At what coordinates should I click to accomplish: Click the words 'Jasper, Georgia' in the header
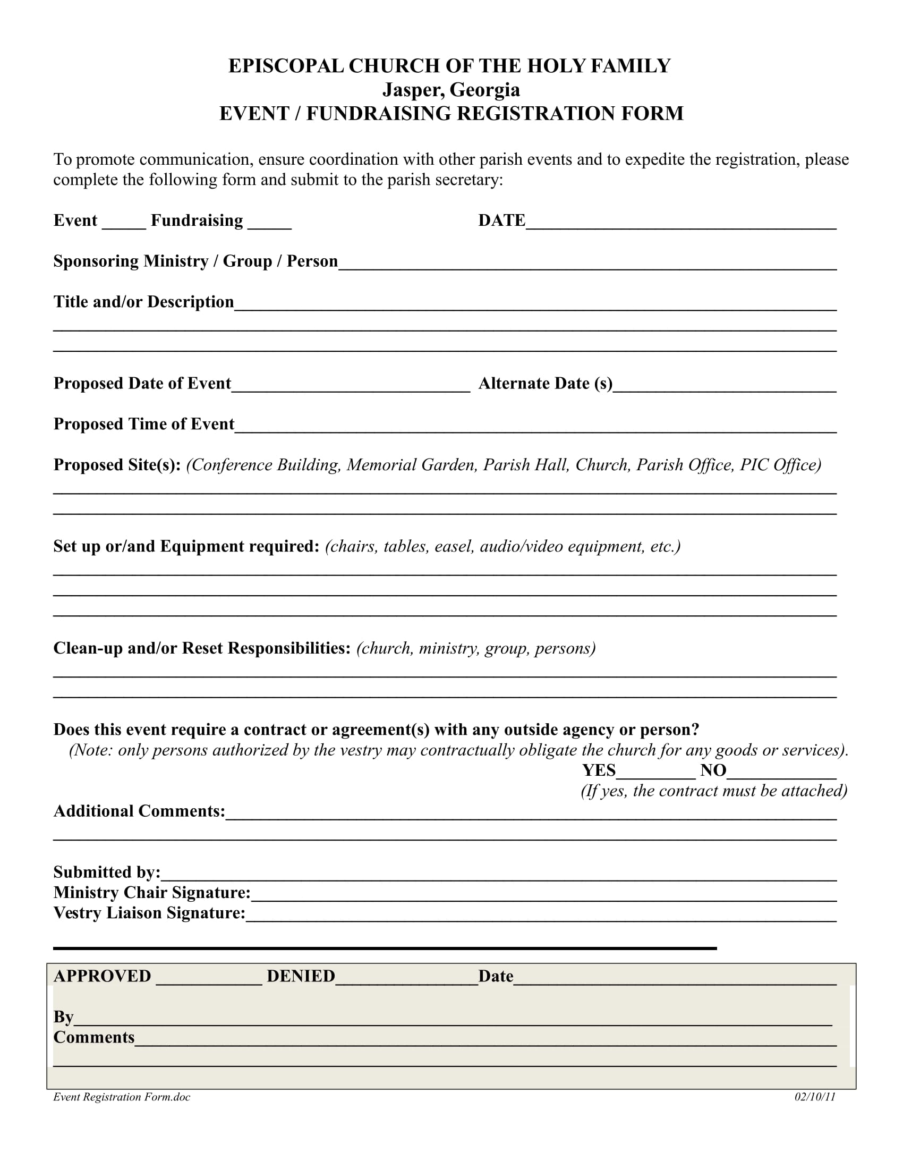[x=450, y=90]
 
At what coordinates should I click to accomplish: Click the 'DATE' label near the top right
[x=501, y=221]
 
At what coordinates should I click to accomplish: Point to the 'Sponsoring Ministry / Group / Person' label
[x=195, y=261]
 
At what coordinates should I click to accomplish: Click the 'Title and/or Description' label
[x=143, y=302]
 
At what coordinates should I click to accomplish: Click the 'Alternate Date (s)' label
[x=545, y=383]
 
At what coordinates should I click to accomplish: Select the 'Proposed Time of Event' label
[x=143, y=424]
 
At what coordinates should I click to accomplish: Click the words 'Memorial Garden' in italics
[x=411, y=464]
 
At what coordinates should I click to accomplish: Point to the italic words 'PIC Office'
[x=780, y=464]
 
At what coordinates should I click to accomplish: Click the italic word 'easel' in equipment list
[x=454, y=546]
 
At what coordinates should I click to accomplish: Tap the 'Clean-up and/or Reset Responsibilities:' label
[x=202, y=648]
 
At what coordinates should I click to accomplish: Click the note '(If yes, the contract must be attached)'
[x=713, y=791]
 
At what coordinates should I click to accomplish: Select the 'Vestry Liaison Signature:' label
[x=149, y=912]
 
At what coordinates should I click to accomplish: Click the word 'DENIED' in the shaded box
[x=301, y=976]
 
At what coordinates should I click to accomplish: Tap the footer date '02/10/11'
[x=814, y=1097]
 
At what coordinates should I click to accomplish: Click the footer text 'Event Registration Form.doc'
[x=122, y=1097]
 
